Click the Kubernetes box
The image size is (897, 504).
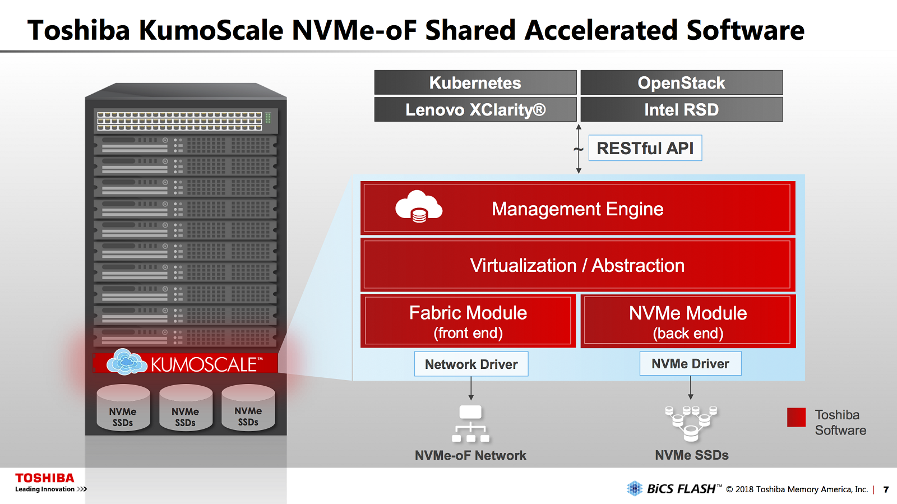point(475,82)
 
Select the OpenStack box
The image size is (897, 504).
point(682,82)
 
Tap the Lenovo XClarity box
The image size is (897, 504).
point(475,109)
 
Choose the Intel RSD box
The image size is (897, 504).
point(682,109)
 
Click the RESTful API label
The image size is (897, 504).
point(645,148)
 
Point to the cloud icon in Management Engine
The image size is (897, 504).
point(419,206)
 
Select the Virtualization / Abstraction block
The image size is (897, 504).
point(577,265)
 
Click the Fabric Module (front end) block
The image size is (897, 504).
point(468,321)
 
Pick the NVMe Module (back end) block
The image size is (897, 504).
point(688,321)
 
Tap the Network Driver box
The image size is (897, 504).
point(471,364)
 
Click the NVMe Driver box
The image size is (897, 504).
point(690,363)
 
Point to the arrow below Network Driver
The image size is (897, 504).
point(471,389)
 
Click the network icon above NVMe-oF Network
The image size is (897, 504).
point(470,423)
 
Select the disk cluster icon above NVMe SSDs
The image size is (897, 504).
point(691,423)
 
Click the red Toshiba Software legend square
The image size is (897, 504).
point(796,417)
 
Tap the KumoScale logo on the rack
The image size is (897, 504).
point(185,363)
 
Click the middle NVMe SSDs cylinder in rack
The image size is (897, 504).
point(186,408)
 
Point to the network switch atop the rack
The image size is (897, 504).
point(185,121)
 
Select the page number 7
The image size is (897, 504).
point(886,489)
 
